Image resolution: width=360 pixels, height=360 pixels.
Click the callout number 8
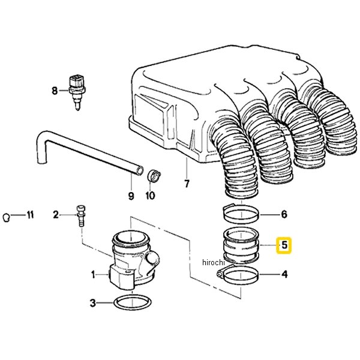55,91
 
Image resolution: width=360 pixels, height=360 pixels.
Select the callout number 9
131,194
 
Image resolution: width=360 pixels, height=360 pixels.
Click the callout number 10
150,195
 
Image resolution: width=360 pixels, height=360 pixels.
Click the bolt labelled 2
80,215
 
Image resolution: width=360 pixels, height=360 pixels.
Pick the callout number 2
56,214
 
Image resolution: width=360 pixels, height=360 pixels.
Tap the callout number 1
94,275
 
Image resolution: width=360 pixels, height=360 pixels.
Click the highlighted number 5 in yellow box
284,245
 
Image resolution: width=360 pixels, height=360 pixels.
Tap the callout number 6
284,214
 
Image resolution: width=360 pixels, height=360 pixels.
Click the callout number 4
284,275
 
